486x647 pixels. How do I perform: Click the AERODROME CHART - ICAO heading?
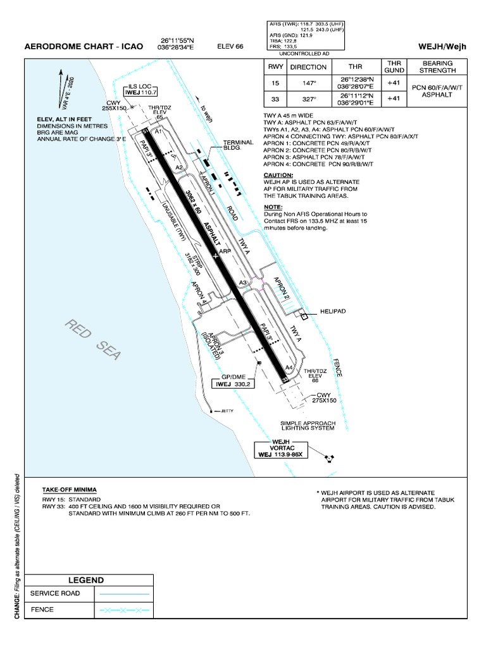[x=84, y=47]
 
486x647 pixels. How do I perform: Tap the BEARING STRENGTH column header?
[x=437, y=67]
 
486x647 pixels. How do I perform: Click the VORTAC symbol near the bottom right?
[x=330, y=457]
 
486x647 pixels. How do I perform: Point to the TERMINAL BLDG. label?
[x=237, y=145]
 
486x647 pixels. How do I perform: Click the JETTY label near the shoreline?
[x=226, y=411]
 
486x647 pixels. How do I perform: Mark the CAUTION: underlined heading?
[x=278, y=175]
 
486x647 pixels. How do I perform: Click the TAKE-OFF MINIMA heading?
[x=70, y=490]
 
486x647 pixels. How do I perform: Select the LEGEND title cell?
[x=86, y=580]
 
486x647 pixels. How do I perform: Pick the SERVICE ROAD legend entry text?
[x=55, y=594]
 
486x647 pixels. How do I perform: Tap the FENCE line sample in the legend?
[x=123, y=610]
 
